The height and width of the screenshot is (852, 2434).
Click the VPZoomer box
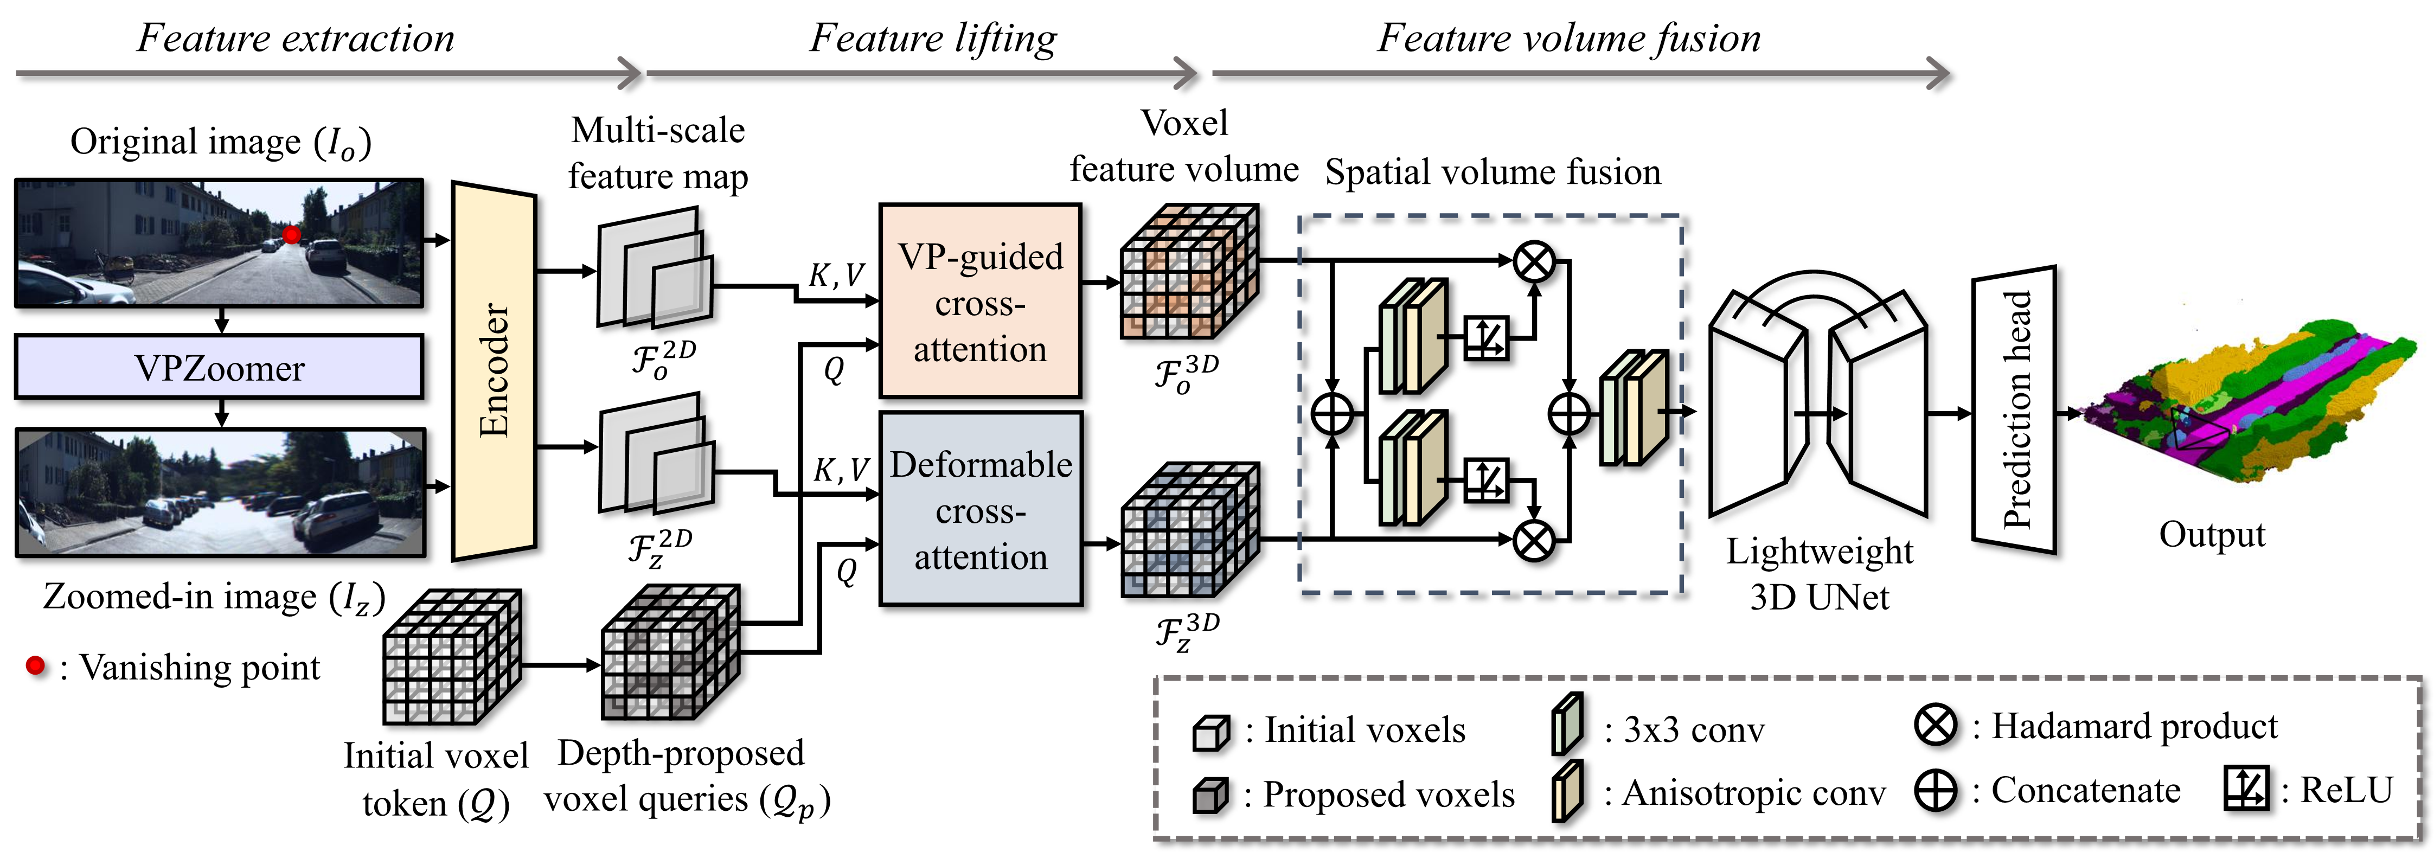[219, 368]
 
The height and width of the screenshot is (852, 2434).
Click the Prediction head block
[2014, 409]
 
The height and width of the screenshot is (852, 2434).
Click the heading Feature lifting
[933, 39]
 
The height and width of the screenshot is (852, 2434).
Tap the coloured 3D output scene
[2258, 406]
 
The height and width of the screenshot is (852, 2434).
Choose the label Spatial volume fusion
[1492, 172]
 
